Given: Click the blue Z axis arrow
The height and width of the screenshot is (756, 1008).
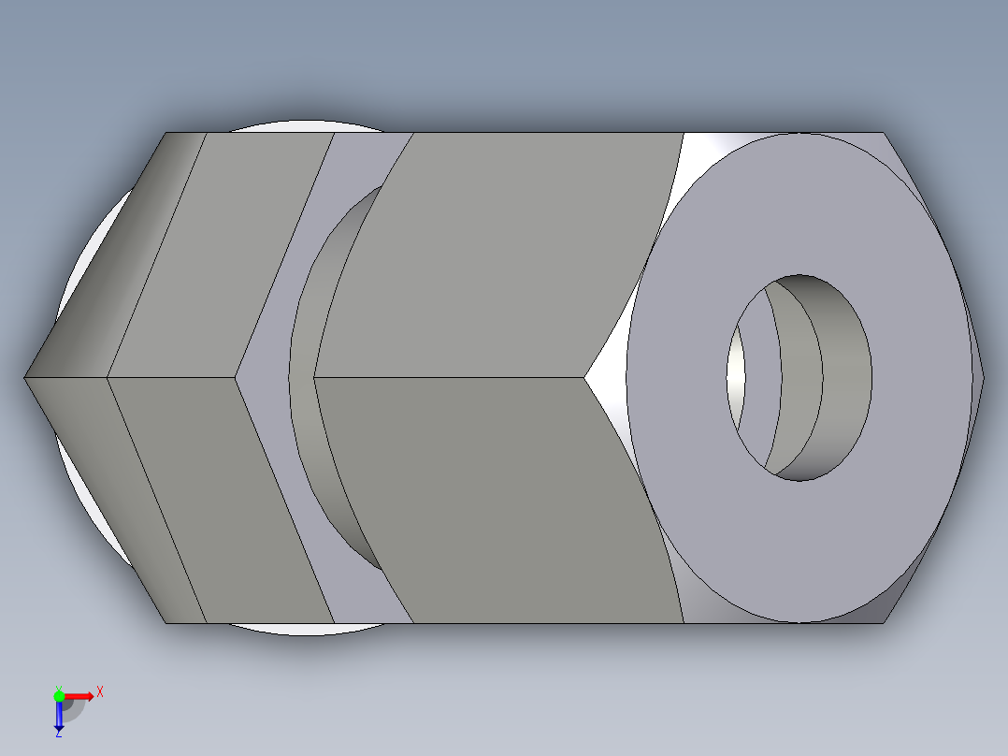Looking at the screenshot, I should point(59,716).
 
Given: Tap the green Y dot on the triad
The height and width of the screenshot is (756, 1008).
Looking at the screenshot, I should point(59,695).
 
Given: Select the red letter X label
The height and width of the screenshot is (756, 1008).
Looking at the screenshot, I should point(100,691).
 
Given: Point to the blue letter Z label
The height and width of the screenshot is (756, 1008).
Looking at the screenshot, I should point(58,734).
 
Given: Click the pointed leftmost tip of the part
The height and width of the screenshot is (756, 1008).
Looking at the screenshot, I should point(25,377).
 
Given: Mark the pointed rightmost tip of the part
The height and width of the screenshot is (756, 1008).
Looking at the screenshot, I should point(984,377).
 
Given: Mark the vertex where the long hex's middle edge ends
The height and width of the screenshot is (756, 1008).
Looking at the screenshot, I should point(585,377).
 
